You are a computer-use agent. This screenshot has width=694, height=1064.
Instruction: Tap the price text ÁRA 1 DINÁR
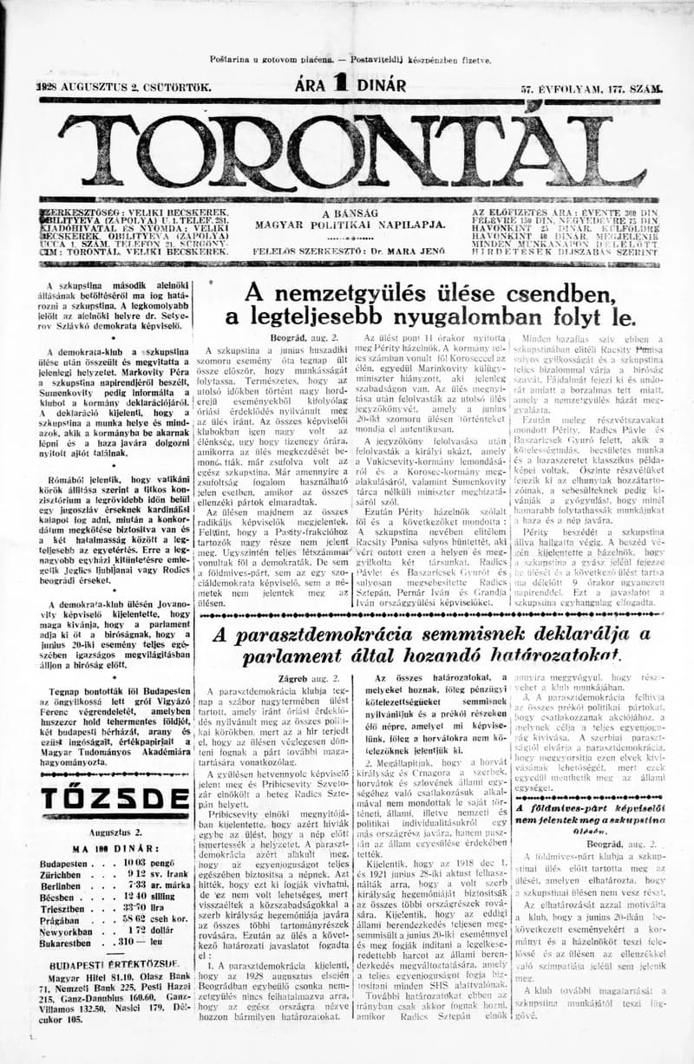(x=350, y=85)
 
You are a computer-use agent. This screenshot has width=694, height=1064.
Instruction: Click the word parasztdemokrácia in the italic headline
(x=372, y=634)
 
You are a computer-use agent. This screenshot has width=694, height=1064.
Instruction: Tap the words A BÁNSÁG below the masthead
(x=350, y=212)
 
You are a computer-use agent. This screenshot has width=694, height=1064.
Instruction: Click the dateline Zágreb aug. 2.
(x=318, y=679)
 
